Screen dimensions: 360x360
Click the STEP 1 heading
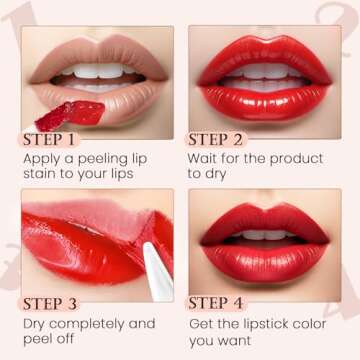[x=59, y=139]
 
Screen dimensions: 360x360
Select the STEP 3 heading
[x=59, y=302]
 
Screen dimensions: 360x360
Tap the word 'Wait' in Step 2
[x=206, y=158]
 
